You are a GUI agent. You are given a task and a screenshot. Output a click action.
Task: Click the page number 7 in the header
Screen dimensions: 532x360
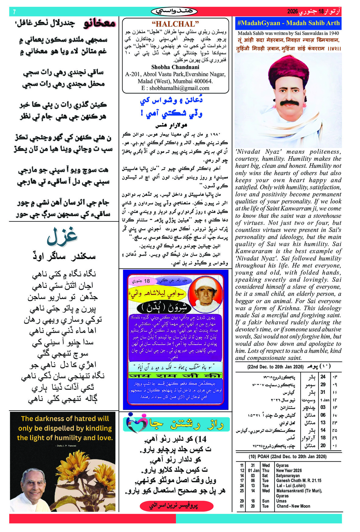14,12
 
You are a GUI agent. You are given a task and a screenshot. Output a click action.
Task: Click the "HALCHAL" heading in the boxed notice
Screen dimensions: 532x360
175,24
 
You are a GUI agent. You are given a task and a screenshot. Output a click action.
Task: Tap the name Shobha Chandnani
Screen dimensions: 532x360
175,67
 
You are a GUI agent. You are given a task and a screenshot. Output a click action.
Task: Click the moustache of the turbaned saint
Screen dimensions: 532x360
287,103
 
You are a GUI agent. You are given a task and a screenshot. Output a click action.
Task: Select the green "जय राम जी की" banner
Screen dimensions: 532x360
175,375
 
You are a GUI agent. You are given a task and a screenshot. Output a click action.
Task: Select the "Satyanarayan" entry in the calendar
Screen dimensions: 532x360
288,476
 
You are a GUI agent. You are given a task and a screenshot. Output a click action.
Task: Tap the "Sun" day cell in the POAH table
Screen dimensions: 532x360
265,501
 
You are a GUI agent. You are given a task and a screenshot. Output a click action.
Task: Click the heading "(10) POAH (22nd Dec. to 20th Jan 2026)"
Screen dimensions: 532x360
287,457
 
